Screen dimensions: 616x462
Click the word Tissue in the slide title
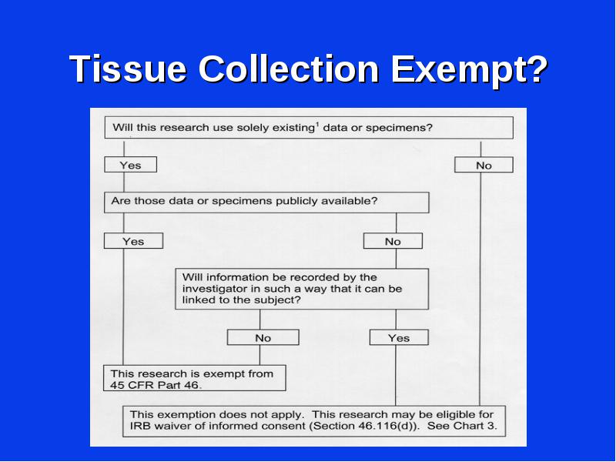coord(128,69)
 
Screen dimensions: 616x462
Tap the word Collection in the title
coord(288,69)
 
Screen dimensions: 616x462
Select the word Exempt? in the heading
coord(469,71)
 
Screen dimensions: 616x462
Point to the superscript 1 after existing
coord(316,125)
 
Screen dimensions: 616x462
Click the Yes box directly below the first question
coord(130,165)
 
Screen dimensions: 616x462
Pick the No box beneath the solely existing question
coord(484,165)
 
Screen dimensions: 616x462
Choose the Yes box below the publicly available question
coord(133,241)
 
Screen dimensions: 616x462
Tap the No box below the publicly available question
coord(393,241)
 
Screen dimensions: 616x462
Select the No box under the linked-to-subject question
coord(263,337)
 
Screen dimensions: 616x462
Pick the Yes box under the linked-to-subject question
coord(399,337)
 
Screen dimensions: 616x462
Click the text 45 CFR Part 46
coord(156,385)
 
